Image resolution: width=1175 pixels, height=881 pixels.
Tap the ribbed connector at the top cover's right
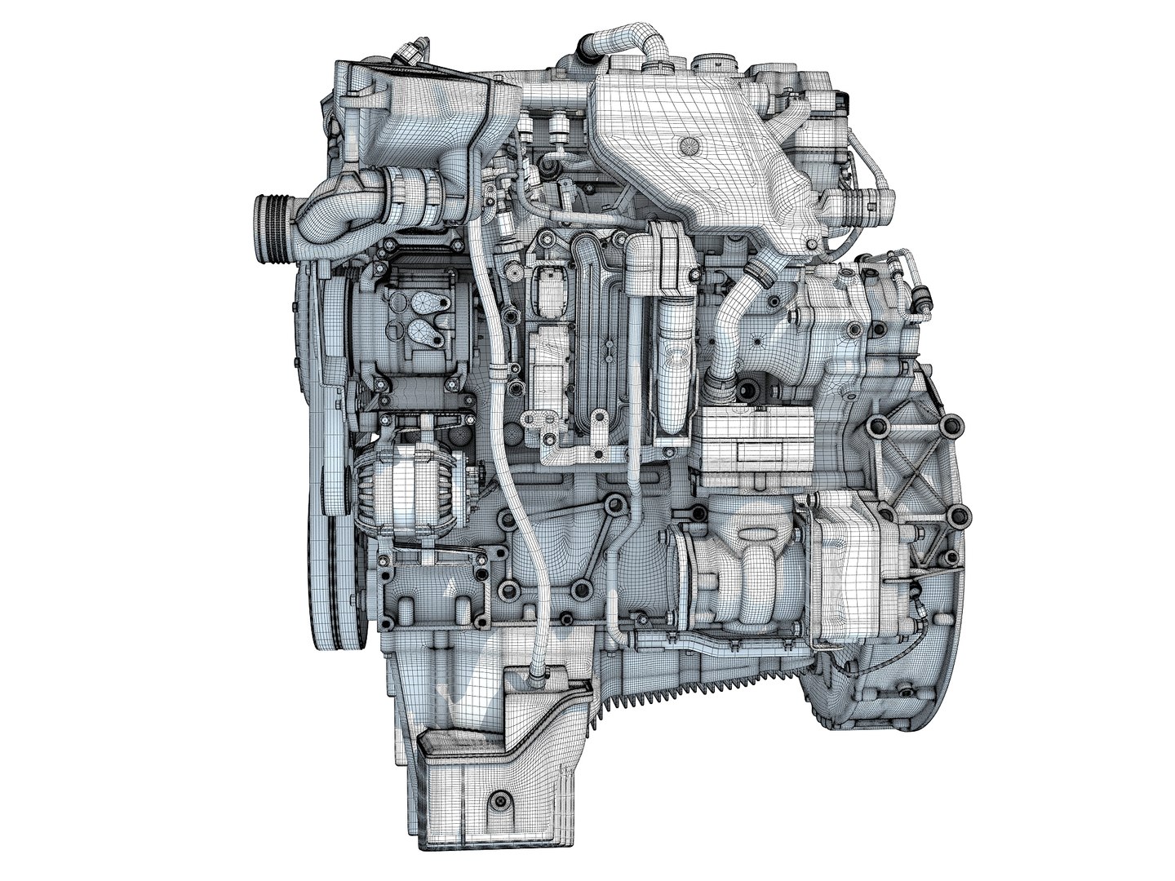coord(873,199)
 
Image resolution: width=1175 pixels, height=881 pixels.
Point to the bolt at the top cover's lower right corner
coord(813,243)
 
